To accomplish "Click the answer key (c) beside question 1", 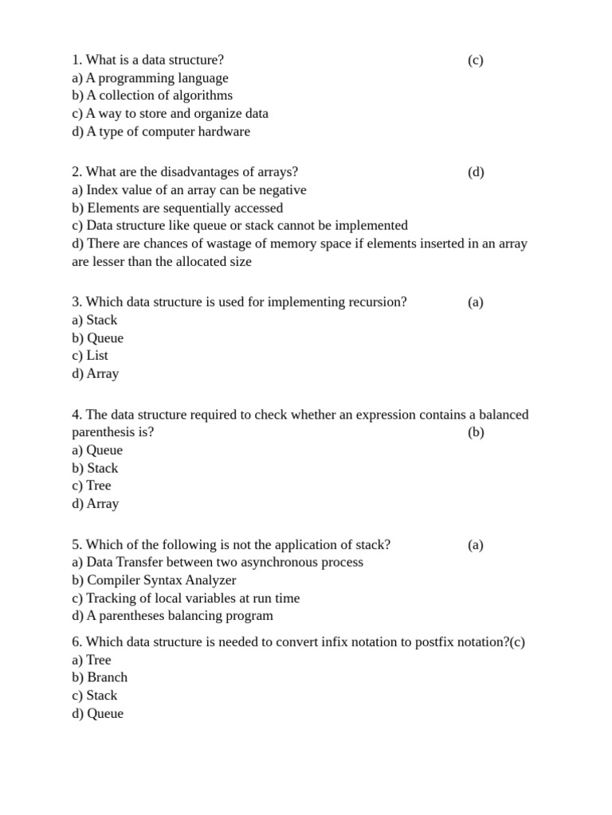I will coord(475,60).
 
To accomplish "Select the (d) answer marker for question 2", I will coord(476,173).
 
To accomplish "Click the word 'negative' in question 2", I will coord(281,190).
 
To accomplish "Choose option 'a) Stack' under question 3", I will coord(94,320).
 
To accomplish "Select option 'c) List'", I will coord(89,356).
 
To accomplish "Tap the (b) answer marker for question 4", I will coord(476,433).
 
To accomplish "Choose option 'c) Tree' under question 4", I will coord(91,485).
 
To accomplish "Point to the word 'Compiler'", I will coord(113,580).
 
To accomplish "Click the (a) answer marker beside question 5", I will coord(476,545).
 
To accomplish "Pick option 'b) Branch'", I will coord(99,677).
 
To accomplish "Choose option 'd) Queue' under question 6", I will coord(97,714).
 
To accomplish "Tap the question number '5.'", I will coord(76,545).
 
